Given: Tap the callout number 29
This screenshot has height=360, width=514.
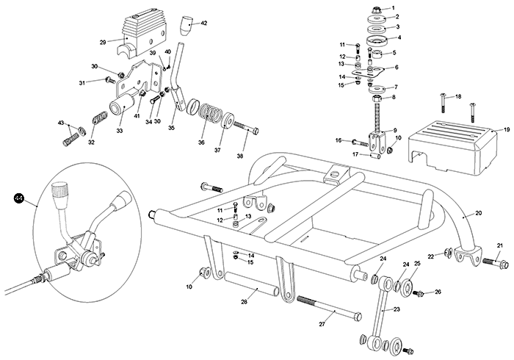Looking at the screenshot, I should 103,43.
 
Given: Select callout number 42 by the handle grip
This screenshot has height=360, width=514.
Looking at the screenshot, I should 203,24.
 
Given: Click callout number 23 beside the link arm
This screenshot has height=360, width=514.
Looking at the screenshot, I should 397,310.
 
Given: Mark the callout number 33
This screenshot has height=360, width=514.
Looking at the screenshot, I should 120,131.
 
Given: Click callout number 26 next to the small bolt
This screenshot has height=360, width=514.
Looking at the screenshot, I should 438,292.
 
